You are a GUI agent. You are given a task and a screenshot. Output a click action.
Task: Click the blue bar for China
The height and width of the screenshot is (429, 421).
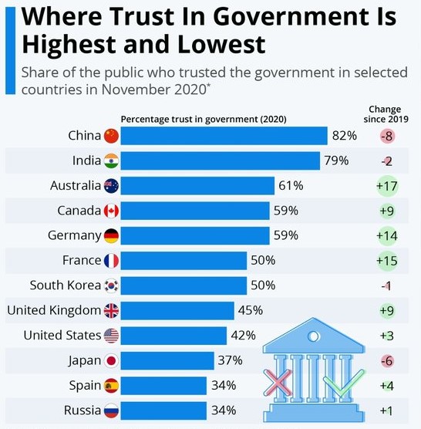pyautogui.click(x=224, y=136)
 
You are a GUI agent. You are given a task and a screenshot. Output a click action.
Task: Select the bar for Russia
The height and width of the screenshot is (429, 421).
pyautogui.click(x=163, y=410)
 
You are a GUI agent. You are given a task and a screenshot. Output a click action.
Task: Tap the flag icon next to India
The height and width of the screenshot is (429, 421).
pyautogui.click(x=112, y=160)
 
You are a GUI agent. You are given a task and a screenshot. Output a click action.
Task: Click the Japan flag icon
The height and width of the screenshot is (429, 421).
pyautogui.click(x=112, y=360)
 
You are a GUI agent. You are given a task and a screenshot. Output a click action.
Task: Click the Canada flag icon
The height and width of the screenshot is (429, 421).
pyautogui.click(x=112, y=211)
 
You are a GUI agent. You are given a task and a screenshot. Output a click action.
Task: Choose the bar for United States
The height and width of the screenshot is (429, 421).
pyautogui.click(x=173, y=336)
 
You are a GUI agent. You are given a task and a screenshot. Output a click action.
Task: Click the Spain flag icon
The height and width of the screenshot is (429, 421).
pyautogui.click(x=112, y=385)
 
